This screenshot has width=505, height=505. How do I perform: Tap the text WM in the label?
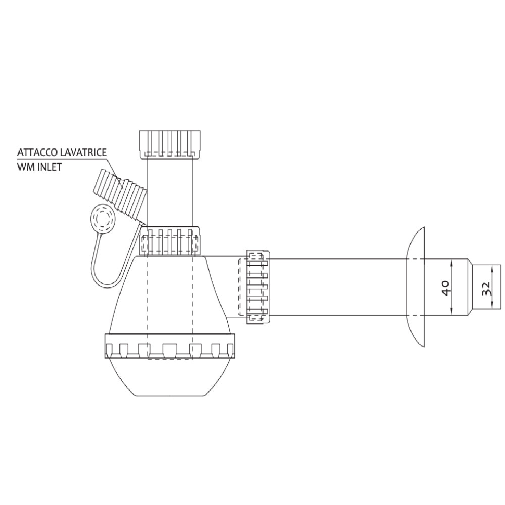click(x=25, y=167)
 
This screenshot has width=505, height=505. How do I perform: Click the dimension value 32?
click(x=486, y=289)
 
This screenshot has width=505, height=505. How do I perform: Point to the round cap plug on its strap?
click(x=104, y=218)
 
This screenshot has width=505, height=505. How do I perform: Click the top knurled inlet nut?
click(x=169, y=143)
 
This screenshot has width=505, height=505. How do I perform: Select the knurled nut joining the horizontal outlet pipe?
click(x=257, y=286)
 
